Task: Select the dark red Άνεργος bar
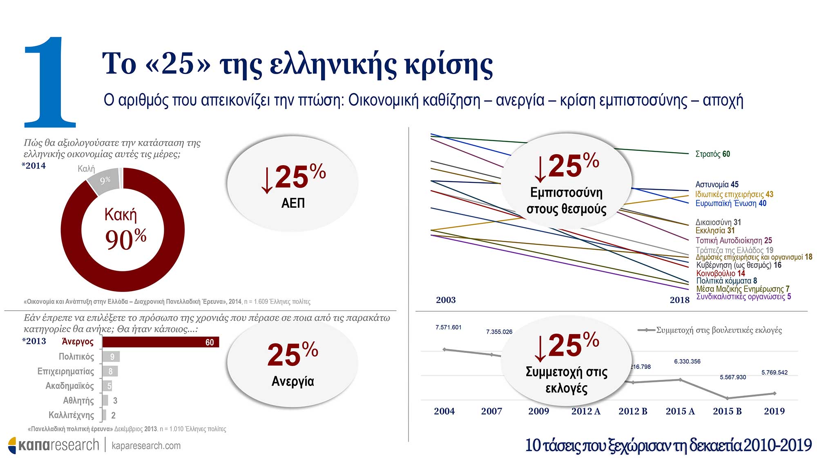click(x=161, y=342)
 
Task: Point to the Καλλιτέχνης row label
click(x=71, y=415)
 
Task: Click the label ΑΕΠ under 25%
click(x=293, y=203)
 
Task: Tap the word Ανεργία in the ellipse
click(x=293, y=381)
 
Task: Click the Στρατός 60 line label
click(x=712, y=154)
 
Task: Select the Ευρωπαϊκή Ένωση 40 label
click(x=731, y=203)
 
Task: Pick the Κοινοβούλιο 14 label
click(x=721, y=273)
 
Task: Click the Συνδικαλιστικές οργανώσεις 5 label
click(x=743, y=296)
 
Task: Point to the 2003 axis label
click(x=446, y=300)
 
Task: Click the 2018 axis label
click(x=679, y=300)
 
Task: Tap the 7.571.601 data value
click(x=448, y=327)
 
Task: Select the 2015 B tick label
click(x=727, y=411)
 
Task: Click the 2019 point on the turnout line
click(x=775, y=393)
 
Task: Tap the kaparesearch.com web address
click(x=146, y=446)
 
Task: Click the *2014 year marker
click(x=34, y=166)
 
